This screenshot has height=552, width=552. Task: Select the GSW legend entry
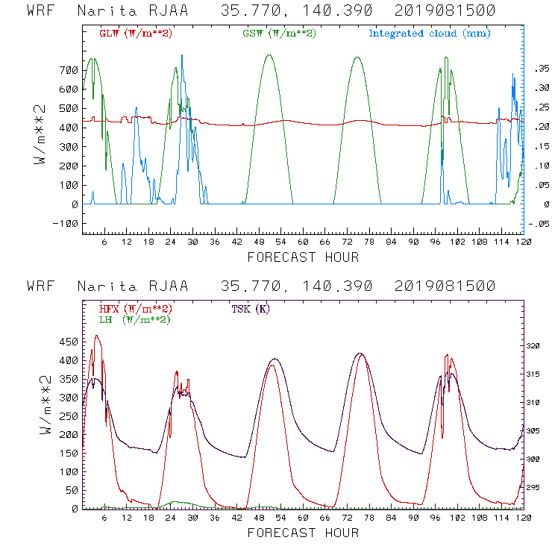[x=274, y=34]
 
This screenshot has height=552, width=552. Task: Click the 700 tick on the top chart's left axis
[x=69, y=70]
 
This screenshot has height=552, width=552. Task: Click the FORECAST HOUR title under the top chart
[x=302, y=257]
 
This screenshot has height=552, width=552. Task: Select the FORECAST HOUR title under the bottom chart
[x=302, y=533]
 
